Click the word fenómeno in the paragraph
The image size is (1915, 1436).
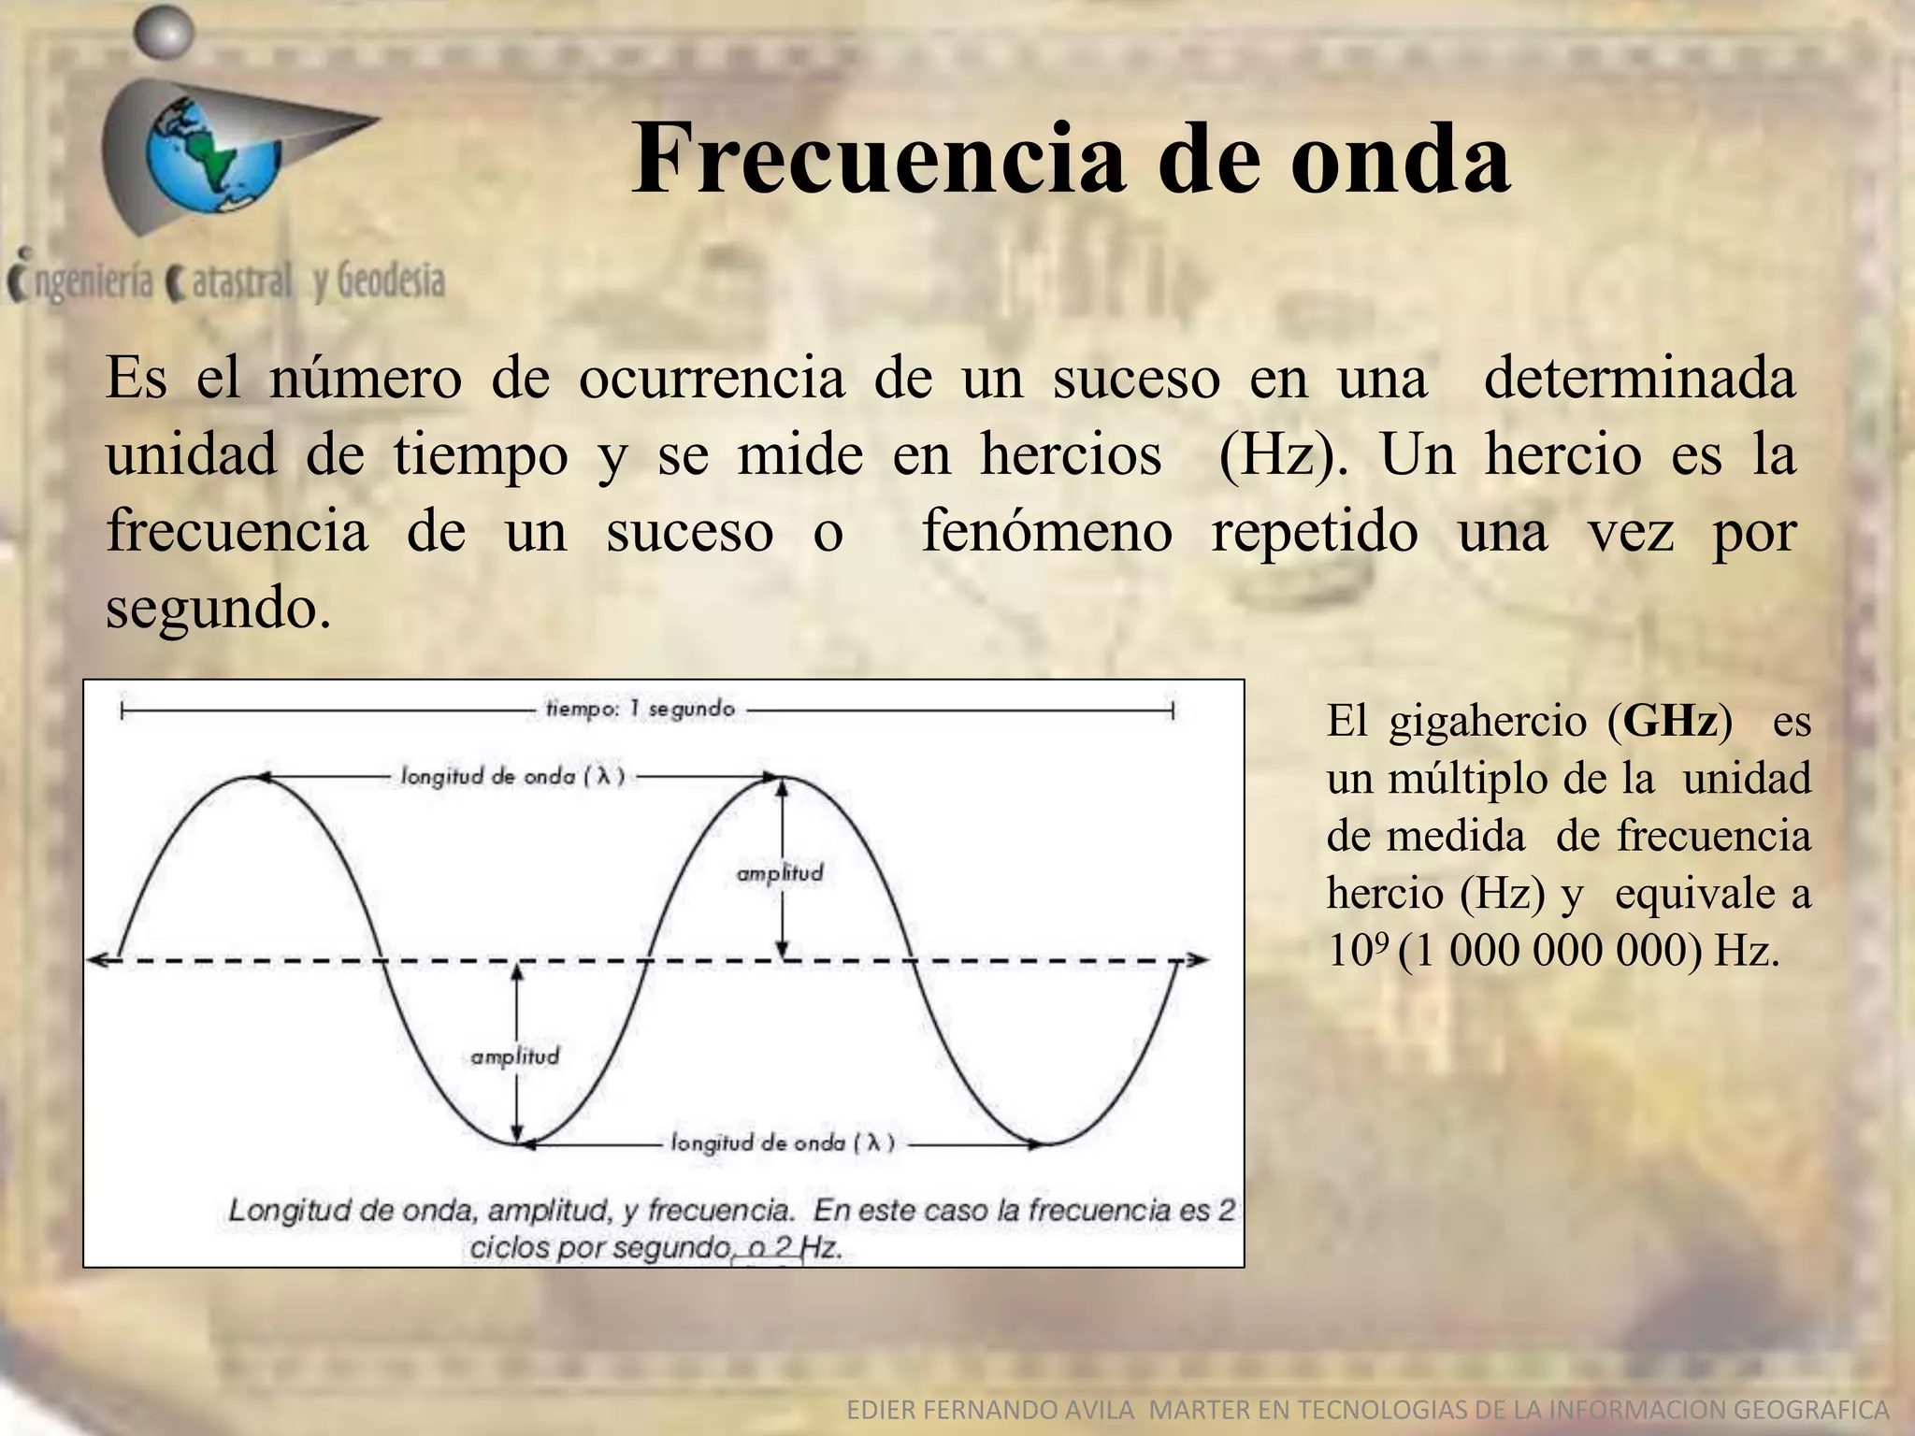point(1046,532)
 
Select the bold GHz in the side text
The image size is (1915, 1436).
point(1670,722)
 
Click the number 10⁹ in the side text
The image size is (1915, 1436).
point(1357,951)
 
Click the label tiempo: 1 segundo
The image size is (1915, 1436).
point(641,710)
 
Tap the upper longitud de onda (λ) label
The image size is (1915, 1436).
point(511,776)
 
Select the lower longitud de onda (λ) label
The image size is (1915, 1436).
point(783,1142)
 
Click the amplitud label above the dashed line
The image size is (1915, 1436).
point(780,873)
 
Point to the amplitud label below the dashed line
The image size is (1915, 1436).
point(514,1056)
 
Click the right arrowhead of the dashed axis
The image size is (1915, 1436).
point(1197,960)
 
